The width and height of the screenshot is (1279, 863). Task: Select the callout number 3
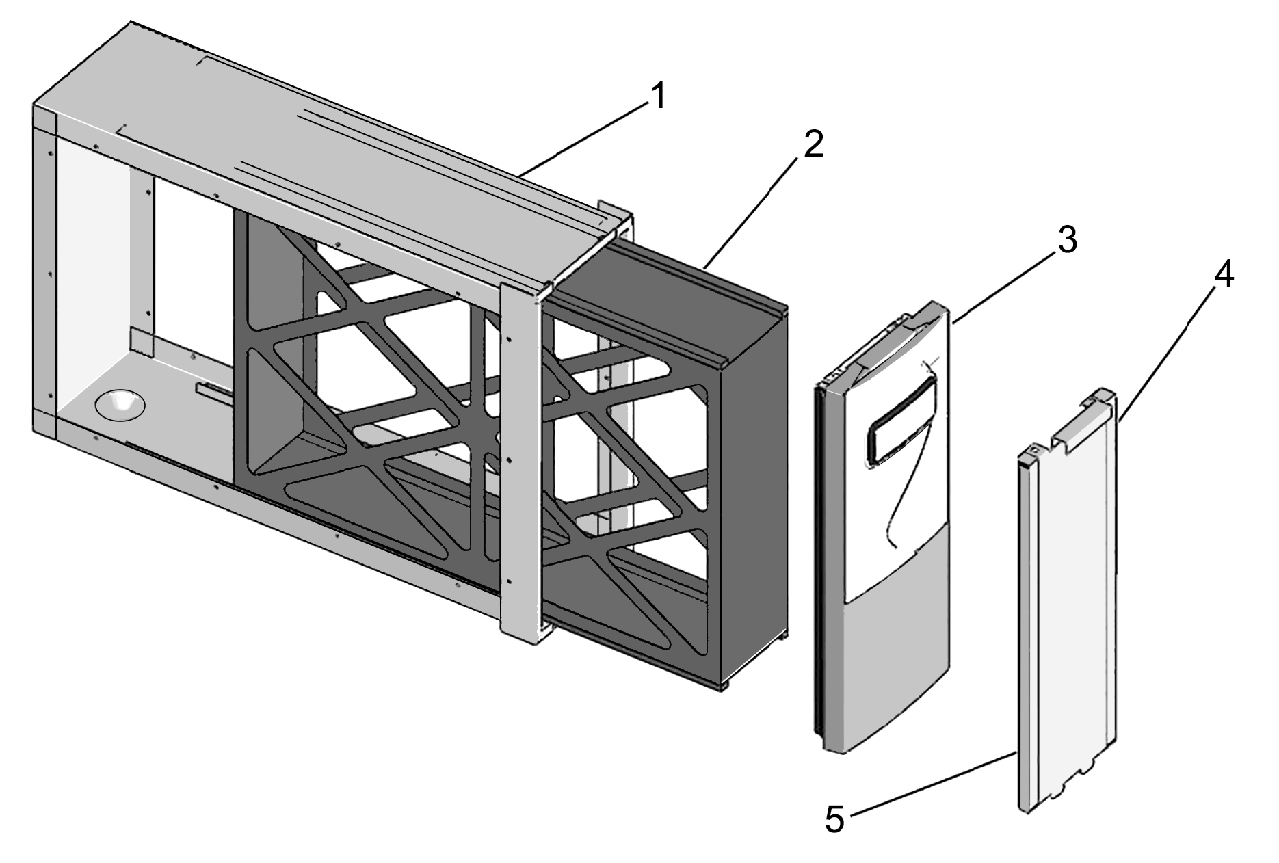1066,241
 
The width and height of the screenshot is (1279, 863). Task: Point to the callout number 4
1224,276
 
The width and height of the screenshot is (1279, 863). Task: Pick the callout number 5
834,819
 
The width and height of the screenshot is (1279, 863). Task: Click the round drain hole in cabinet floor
120,405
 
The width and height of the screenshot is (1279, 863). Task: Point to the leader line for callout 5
930,784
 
